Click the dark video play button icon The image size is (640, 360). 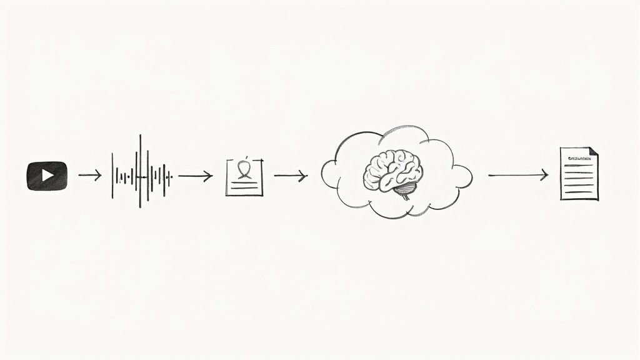(x=47, y=176)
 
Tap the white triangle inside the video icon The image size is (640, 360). (x=47, y=176)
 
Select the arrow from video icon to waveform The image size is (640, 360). (x=89, y=176)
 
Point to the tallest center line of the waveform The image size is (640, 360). (x=141, y=171)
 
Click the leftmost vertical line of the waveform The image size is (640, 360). (x=112, y=176)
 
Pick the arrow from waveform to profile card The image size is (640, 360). (x=195, y=176)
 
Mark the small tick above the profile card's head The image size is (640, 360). (x=248, y=156)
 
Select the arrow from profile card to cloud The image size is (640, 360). (x=291, y=176)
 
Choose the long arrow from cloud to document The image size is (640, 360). (x=517, y=176)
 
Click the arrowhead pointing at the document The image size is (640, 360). (x=545, y=176)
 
